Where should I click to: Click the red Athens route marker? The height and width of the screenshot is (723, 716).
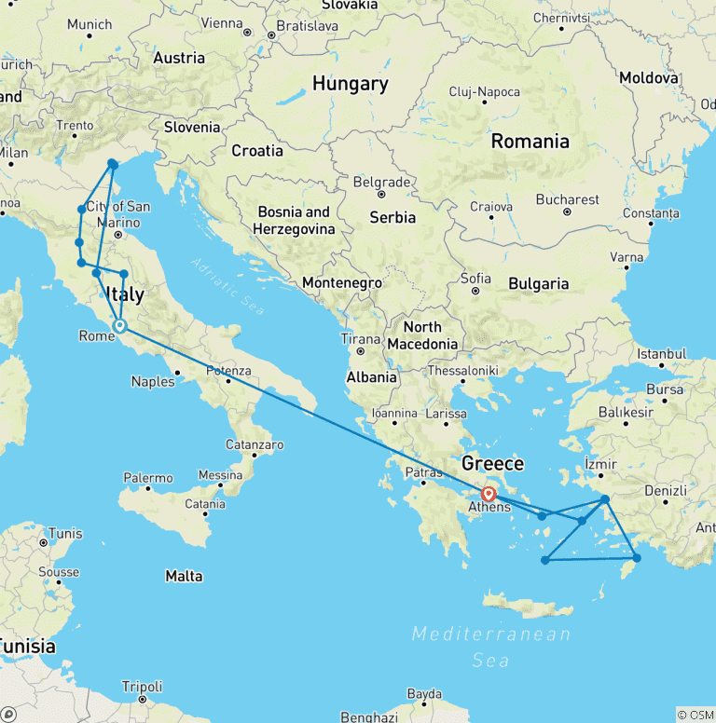pyautogui.click(x=489, y=494)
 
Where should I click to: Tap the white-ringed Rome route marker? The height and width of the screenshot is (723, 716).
pyautogui.click(x=119, y=325)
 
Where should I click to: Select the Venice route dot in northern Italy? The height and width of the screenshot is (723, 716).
pyautogui.click(x=112, y=164)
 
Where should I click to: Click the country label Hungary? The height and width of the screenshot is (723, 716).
pyautogui.click(x=350, y=84)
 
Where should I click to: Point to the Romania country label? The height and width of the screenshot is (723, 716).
pyautogui.click(x=530, y=142)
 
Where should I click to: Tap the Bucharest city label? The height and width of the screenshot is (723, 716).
pyautogui.click(x=568, y=199)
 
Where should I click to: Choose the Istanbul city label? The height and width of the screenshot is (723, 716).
pyautogui.click(x=662, y=354)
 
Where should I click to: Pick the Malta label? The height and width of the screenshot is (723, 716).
pyautogui.click(x=184, y=576)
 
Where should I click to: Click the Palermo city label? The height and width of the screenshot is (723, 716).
pyautogui.click(x=148, y=478)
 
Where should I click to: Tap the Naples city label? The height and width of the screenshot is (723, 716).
pyautogui.click(x=153, y=381)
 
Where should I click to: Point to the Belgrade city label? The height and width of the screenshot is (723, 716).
pyautogui.click(x=382, y=183)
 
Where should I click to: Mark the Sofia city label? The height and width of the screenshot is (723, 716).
pyautogui.click(x=475, y=278)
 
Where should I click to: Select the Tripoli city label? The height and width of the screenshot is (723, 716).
pyautogui.click(x=142, y=686)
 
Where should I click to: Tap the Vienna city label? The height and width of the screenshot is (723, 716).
pyautogui.click(x=222, y=22)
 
